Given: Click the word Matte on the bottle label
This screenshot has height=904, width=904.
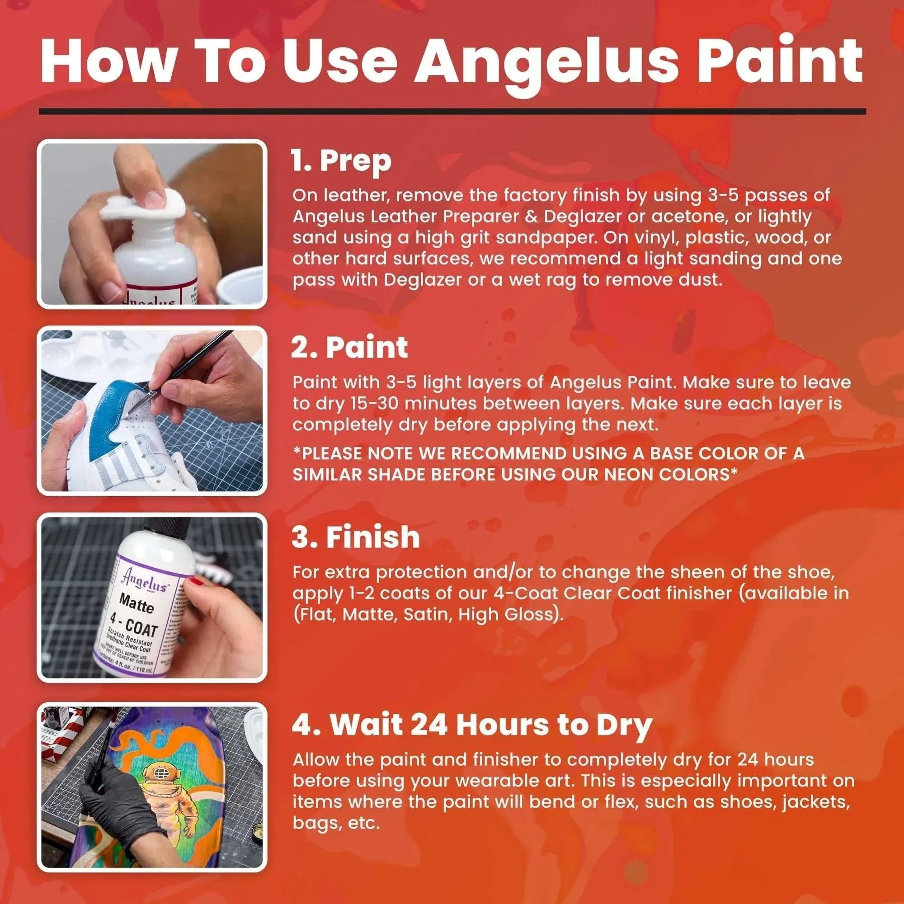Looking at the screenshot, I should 136,603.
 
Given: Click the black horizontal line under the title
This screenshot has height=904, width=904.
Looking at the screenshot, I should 452,112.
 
